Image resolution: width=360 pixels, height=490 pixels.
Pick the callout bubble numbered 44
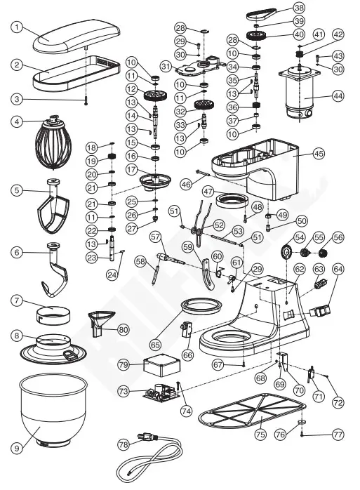click(x=338, y=96)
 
